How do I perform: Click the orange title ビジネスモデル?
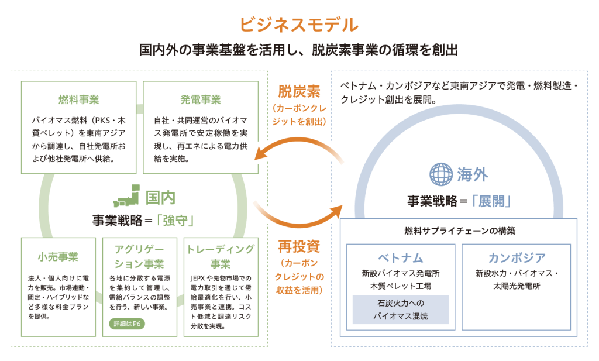(x=298, y=25)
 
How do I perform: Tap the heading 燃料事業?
(x=79, y=98)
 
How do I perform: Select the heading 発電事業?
(x=201, y=98)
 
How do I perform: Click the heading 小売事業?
(x=58, y=256)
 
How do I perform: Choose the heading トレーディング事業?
(x=221, y=256)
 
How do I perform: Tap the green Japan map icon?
(x=128, y=197)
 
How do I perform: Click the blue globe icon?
(x=441, y=174)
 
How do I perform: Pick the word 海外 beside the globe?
(x=473, y=174)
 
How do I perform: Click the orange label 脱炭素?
(x=299, y=92)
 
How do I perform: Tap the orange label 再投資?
(x=299, y=246)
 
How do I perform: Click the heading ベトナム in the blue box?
(x=400, y=257)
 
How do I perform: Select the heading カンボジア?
(x=517, y=257)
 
